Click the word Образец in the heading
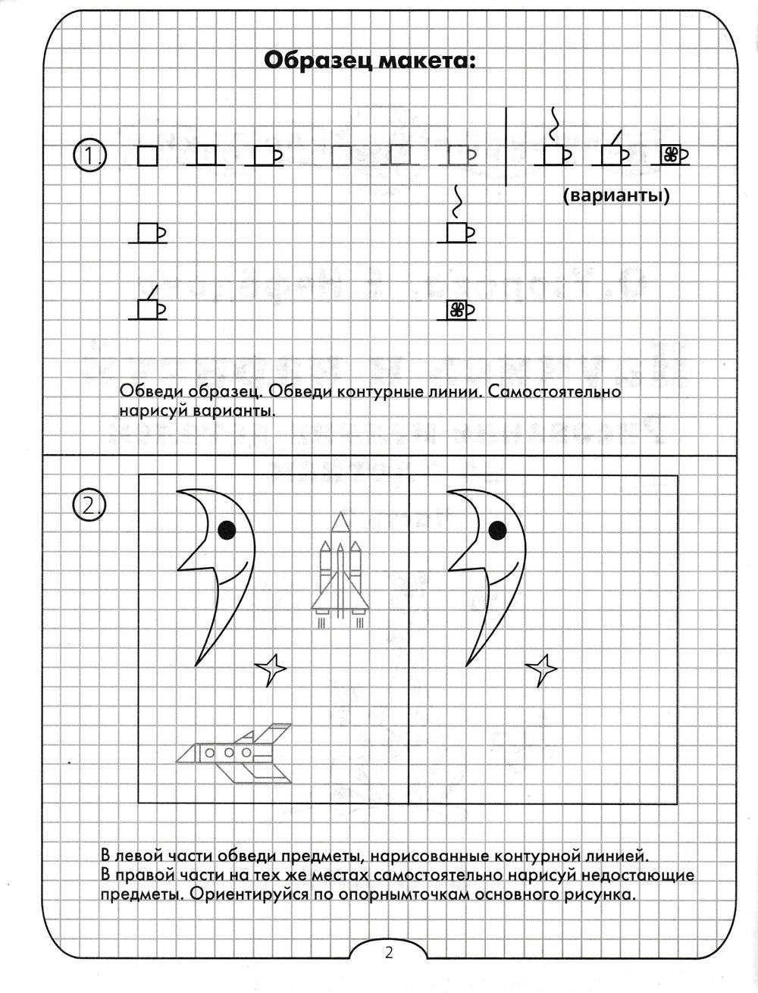[315, 60]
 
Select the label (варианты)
[616, 197]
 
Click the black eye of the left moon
[227, 531]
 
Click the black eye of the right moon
[497, 531]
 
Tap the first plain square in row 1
[147, 156]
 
